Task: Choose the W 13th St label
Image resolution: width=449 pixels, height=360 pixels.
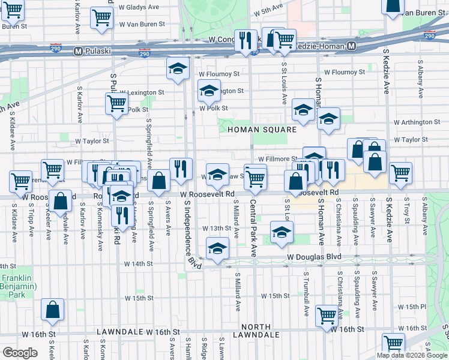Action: pos(217,229)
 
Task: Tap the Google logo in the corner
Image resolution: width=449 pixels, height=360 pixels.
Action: pos(20,353)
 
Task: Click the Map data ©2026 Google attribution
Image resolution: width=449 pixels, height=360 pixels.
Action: pos(412,355)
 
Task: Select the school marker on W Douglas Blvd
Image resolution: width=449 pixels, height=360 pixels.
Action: pos(217,248)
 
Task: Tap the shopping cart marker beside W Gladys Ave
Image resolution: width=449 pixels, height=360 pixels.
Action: pos(101,17)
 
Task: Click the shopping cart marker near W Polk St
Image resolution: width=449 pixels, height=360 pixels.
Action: pos(116,103)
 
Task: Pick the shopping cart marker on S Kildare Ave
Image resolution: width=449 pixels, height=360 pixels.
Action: pos(20,180)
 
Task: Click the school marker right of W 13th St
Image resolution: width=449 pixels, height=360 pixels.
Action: pos(282,232)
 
